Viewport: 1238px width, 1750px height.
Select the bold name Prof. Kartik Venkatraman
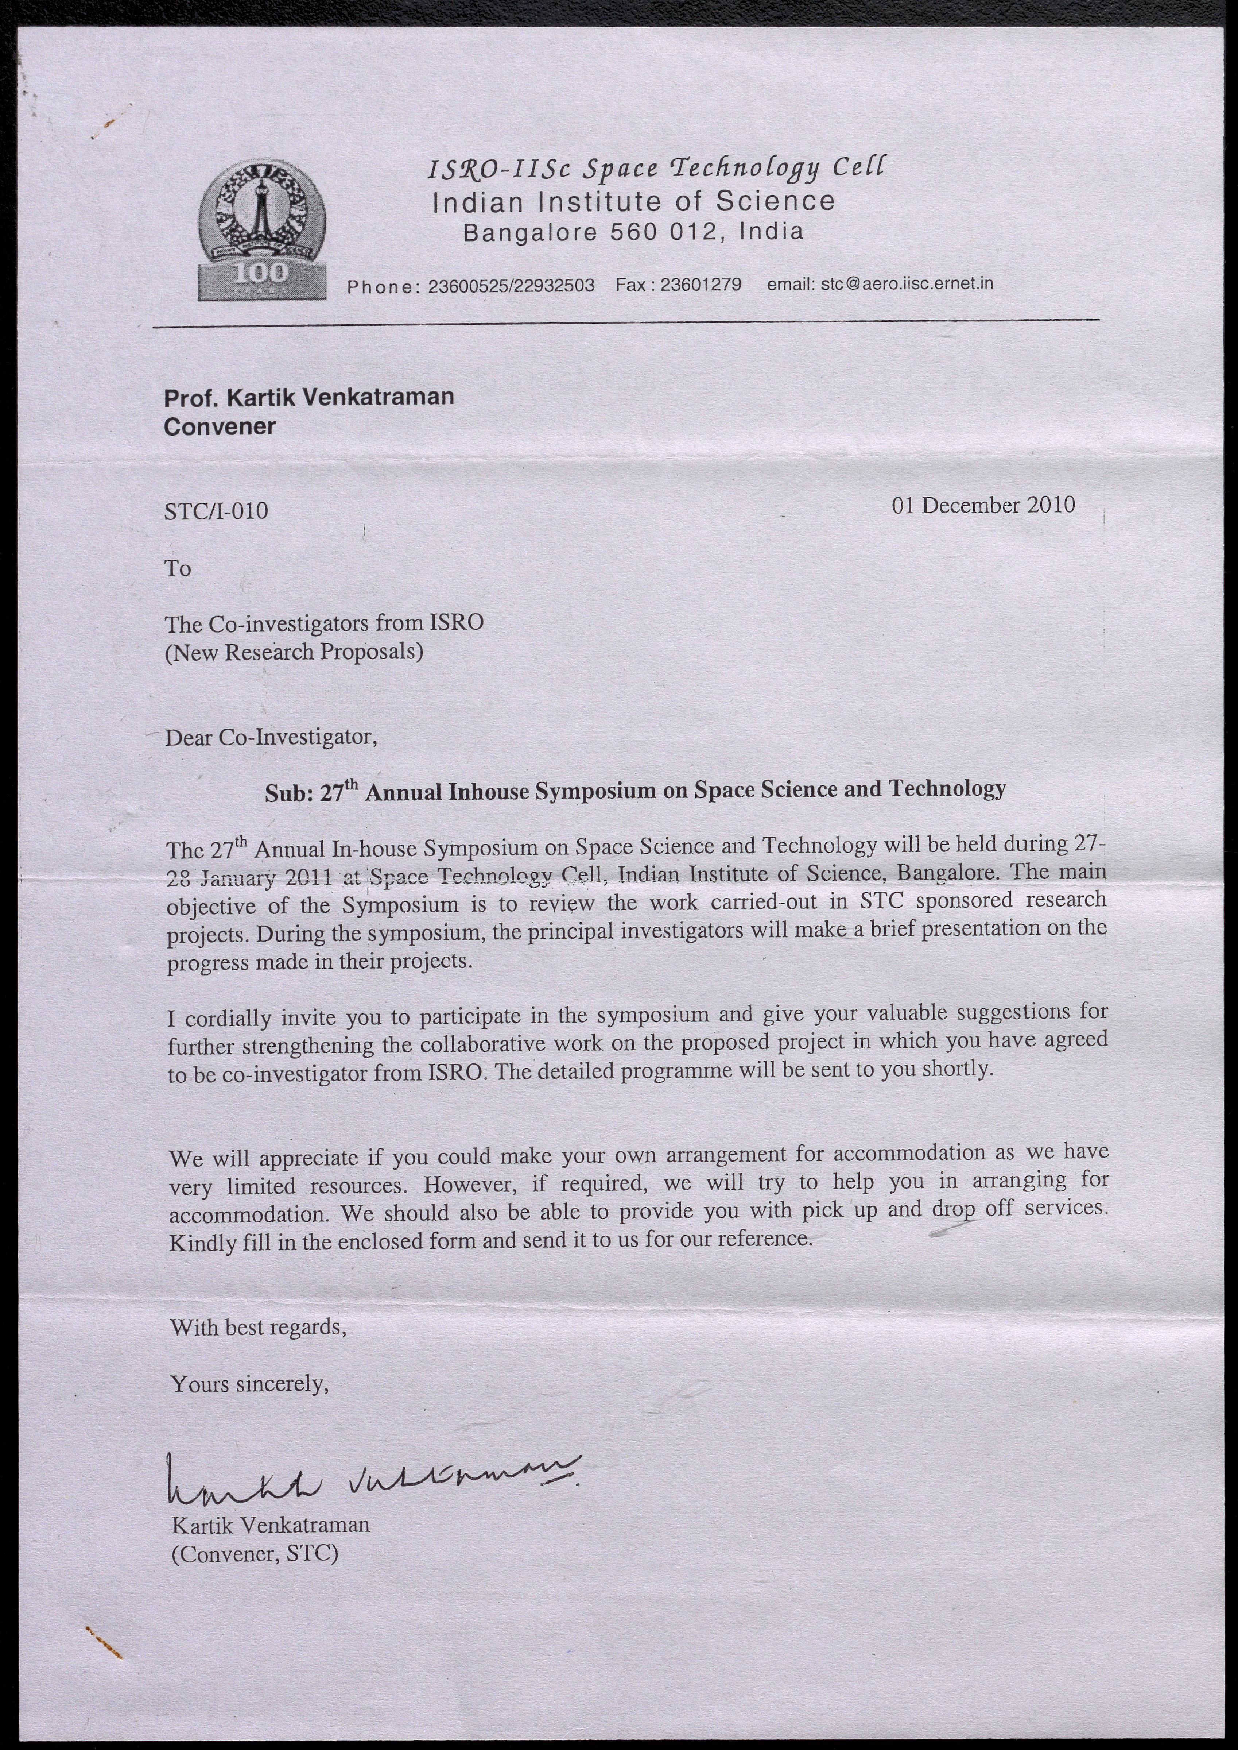pyautogui.click(x=309, y=397)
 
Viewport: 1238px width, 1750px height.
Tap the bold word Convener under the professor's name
pyautogui.click(x=220, y=426)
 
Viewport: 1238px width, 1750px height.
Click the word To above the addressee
pyautogui.click(x=178, y=568)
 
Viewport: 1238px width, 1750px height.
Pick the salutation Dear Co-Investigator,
pyautogui.click(x=271, y=737)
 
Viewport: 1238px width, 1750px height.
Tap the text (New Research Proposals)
pyautogui.click(x=294, y=652)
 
